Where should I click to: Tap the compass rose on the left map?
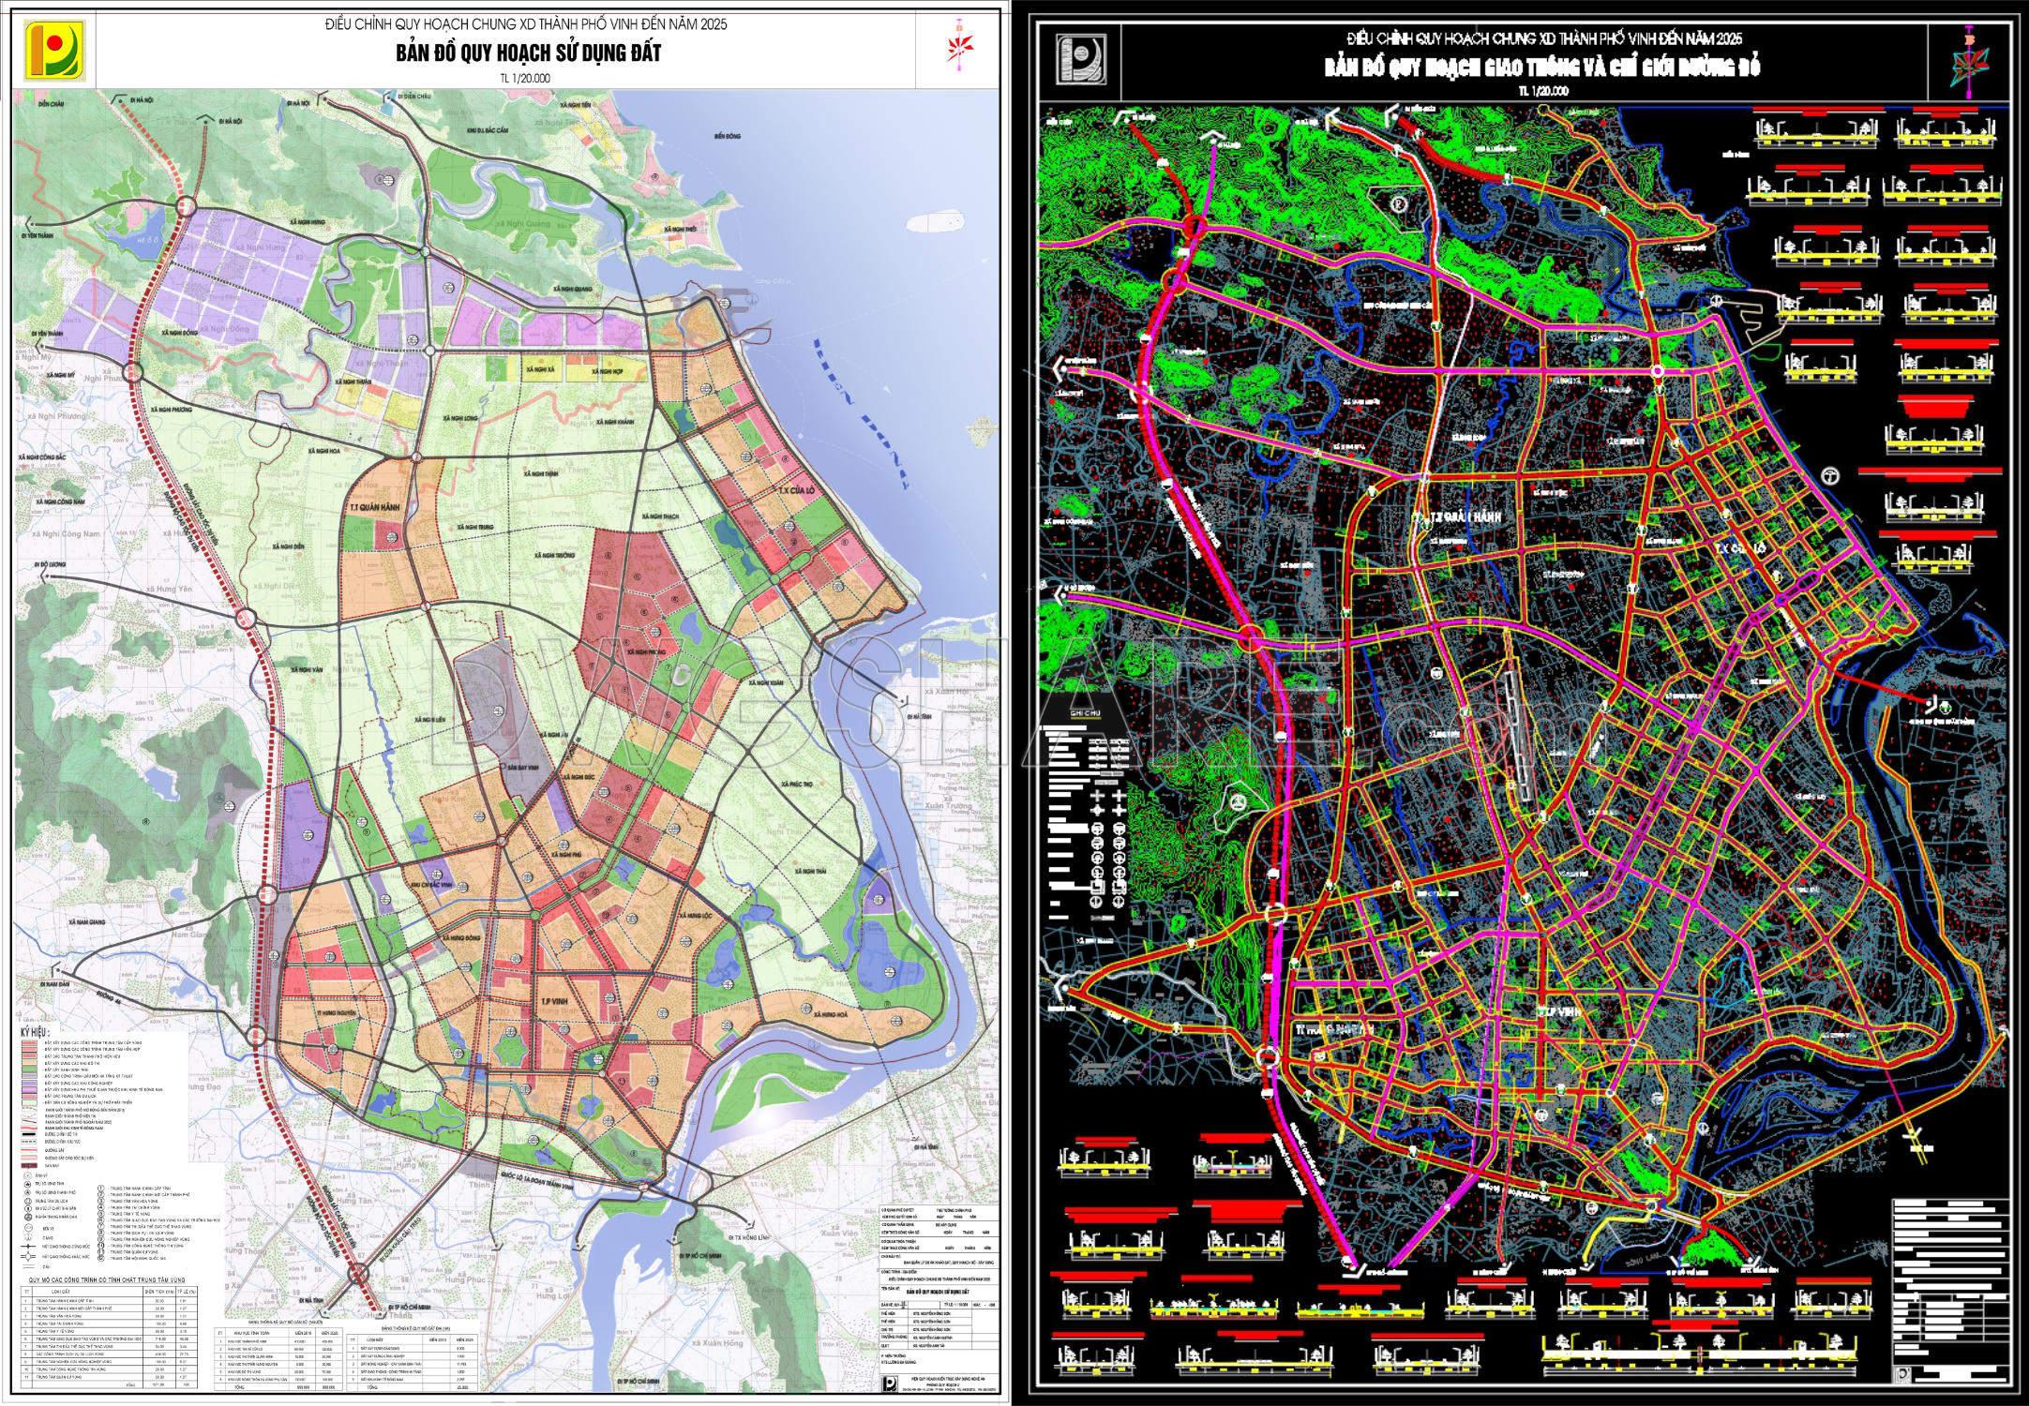click(959, 46)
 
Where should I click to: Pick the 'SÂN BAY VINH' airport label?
click(523, 768)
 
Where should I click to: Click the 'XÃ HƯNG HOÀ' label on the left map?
click(830, 1015)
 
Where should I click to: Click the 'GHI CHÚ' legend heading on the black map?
click(1068, 714)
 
